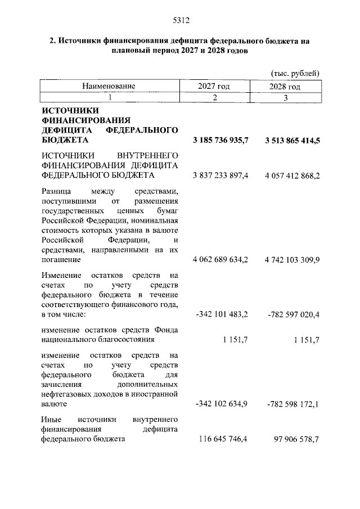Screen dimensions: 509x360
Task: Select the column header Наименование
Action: point(109,87)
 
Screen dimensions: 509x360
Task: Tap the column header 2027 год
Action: point(214,87)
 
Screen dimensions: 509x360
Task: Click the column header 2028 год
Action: point(285,87)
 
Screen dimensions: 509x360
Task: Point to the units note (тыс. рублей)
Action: point(295,73)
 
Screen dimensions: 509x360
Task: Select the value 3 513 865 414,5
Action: point(292,141)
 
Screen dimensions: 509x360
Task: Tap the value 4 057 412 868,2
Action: point(292,176)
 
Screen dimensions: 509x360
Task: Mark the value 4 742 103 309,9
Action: point(292,260)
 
